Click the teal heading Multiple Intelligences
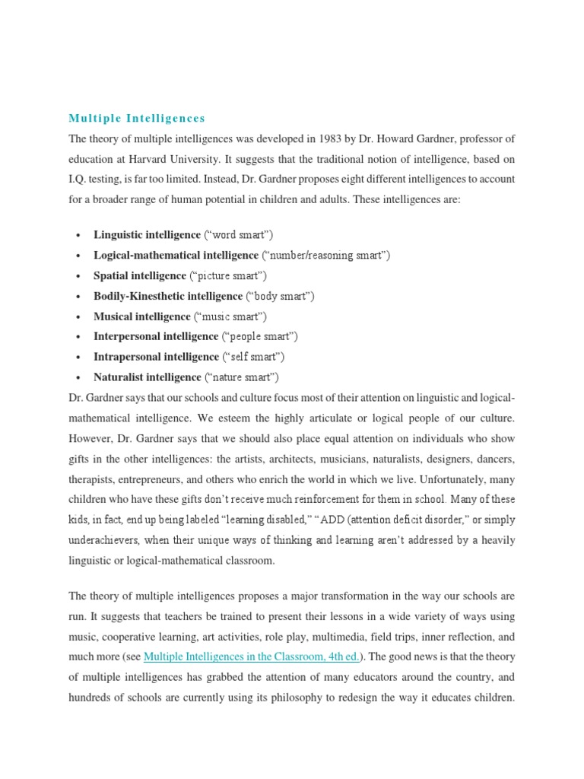[137, 118]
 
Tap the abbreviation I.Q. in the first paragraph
[81, 180]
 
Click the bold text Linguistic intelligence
[147, 234]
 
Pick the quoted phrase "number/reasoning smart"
[326, 255]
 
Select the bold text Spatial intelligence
[139, 275]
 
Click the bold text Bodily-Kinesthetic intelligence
[168, 296]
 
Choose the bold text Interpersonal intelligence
[156, 336]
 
